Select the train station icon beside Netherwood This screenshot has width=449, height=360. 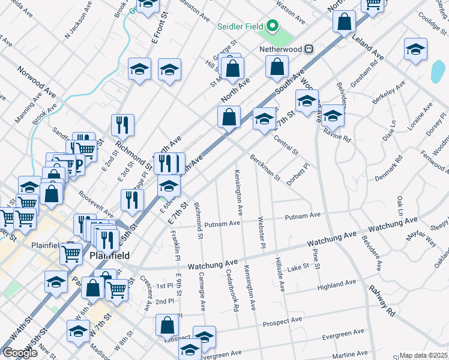[310, 49]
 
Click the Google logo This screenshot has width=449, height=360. [20, 352]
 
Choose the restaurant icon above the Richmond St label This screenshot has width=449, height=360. [122, 125]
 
